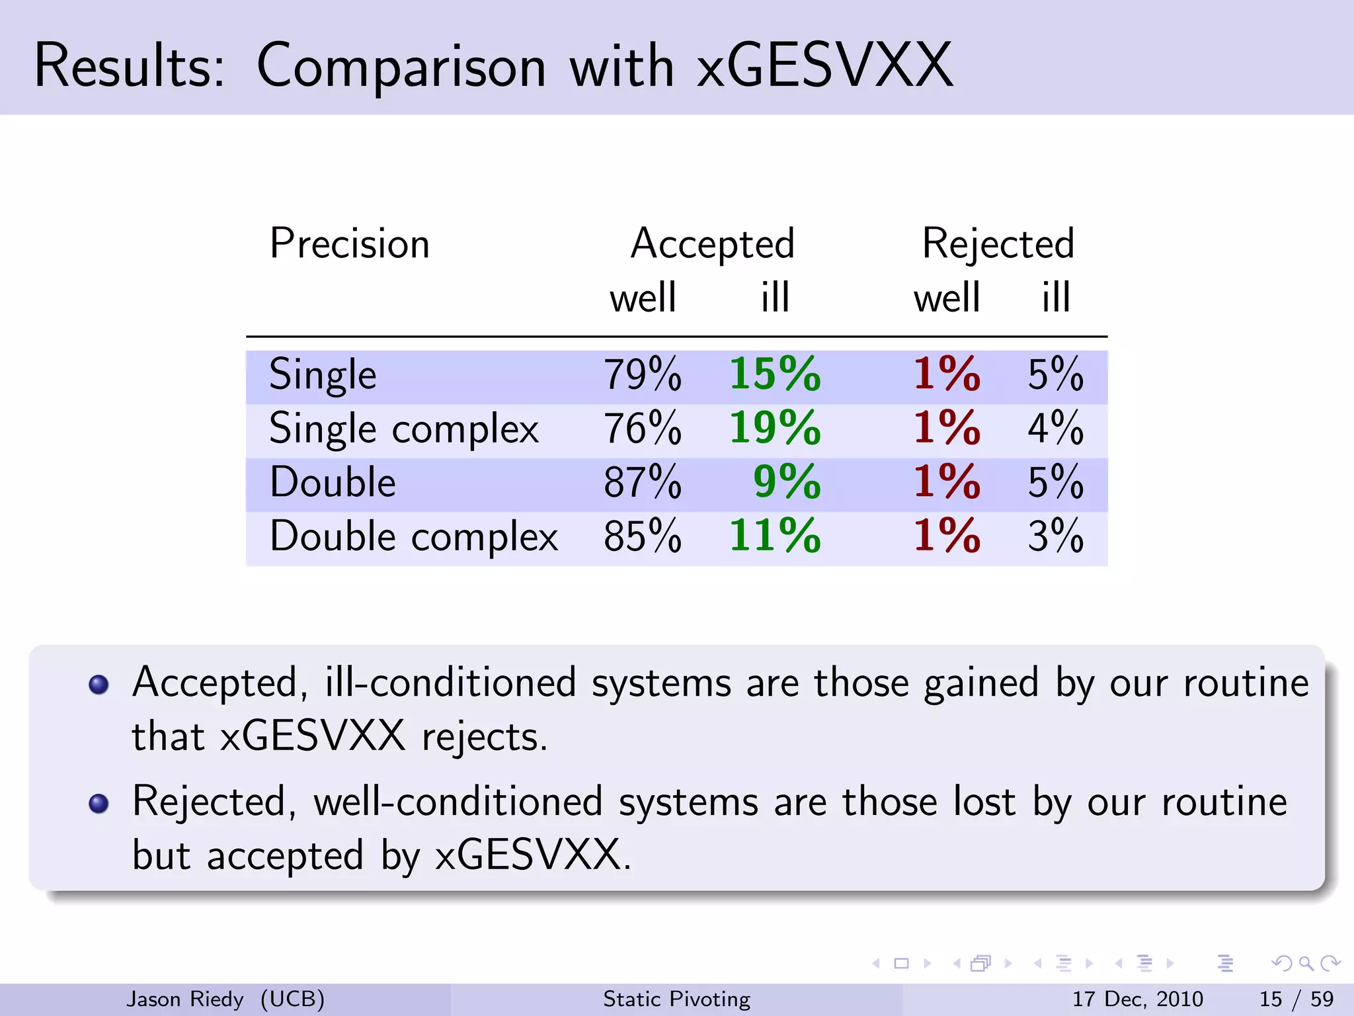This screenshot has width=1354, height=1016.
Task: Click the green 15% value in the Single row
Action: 775,375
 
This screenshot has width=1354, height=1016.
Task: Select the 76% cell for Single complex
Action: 642,429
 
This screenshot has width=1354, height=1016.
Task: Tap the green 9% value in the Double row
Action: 787,482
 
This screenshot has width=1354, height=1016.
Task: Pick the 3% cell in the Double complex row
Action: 1055,536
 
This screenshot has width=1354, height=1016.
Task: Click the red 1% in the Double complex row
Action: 946,536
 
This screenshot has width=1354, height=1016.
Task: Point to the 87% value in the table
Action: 642,482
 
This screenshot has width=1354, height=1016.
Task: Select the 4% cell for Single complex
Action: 1055,429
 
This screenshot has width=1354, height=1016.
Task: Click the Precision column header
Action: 350,244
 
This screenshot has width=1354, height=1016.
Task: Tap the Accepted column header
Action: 712,244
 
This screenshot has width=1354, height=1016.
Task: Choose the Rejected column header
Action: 998,244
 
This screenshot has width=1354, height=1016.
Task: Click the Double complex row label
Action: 414,536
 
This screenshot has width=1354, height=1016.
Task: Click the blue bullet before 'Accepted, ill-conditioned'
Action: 99,685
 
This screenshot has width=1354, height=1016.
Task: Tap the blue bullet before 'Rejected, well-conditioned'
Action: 99,804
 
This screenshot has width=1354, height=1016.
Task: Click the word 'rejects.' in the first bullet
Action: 485,738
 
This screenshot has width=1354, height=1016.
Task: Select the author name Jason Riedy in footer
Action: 185,999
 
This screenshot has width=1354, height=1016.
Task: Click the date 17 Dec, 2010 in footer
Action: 1137,999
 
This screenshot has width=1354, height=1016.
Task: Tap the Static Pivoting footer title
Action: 676,999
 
